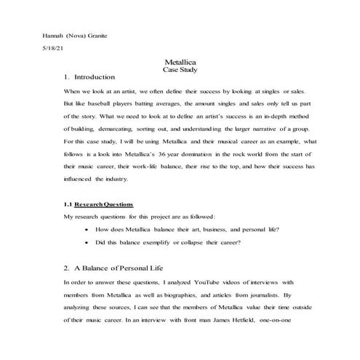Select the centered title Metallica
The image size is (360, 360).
[180, 64]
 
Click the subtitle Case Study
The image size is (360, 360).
[180, 71]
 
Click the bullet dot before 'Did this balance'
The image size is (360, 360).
[87, 242]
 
